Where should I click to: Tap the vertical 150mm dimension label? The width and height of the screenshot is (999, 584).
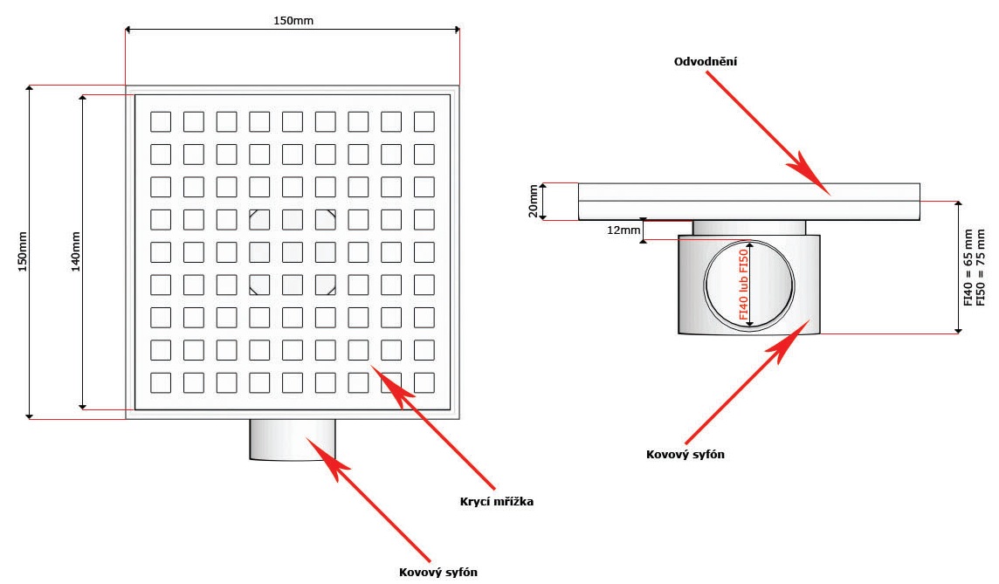click(23, 252)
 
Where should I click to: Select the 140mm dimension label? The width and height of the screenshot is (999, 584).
click(76, 252)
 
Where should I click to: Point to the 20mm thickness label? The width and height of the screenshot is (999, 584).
click(532, 202)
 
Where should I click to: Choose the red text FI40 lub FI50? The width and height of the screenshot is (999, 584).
click(744, 287)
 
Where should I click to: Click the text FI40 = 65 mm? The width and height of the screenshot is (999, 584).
click(968, 266)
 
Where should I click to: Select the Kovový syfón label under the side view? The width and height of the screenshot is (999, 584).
click(686, 454)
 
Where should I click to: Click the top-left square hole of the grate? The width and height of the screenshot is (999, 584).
click(161, 120)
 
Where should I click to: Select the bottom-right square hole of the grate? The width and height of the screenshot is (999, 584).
click(424, 382)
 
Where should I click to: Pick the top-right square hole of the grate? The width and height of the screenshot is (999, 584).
click(424, 120)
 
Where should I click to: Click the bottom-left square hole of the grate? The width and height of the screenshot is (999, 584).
click(161, 382)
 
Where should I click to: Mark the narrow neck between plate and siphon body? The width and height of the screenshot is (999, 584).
click(749, 227)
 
